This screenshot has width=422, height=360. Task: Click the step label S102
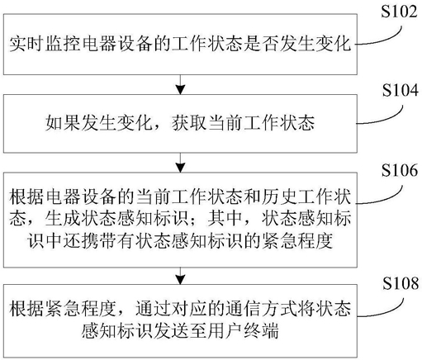click(x=399, y=12)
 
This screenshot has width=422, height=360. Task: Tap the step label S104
click(x=401, y=90)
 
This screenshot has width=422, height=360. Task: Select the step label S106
click(x=400, y=170)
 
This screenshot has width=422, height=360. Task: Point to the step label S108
click(x=401, y=283)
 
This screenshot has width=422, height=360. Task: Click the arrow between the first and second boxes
click(x=180, y=84)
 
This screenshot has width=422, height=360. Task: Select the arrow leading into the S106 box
click(x=180, y=163)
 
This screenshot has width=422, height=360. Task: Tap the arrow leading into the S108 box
click(x=180, y=276)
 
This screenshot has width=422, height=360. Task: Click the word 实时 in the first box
click(x=26, y=44)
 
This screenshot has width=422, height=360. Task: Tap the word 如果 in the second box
click(x=63, y=123)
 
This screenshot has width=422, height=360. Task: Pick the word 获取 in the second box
click(x=189, y=123)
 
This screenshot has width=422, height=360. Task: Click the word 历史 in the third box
click(x=278, y=197)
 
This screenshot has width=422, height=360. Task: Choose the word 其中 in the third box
click(x=225, y=219)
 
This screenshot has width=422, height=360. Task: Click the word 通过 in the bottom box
click(x=153, y=309)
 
